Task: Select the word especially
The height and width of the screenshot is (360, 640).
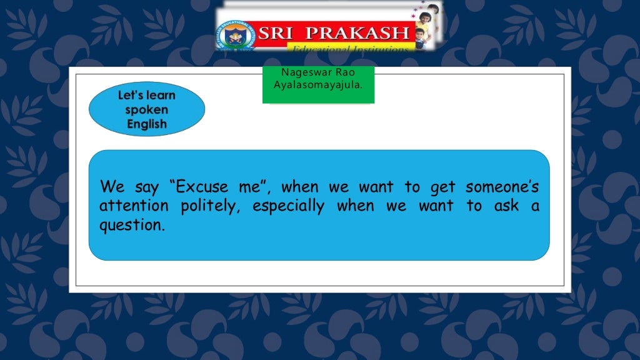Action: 288,206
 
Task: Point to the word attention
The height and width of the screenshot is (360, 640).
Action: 134,206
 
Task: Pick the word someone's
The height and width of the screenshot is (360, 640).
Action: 502,187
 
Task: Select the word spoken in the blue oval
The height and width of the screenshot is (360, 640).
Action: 147,110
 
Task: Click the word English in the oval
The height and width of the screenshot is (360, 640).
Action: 147,124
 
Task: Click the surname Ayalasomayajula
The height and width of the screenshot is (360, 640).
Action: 318,84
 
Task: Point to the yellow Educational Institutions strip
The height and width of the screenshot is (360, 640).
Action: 350,48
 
